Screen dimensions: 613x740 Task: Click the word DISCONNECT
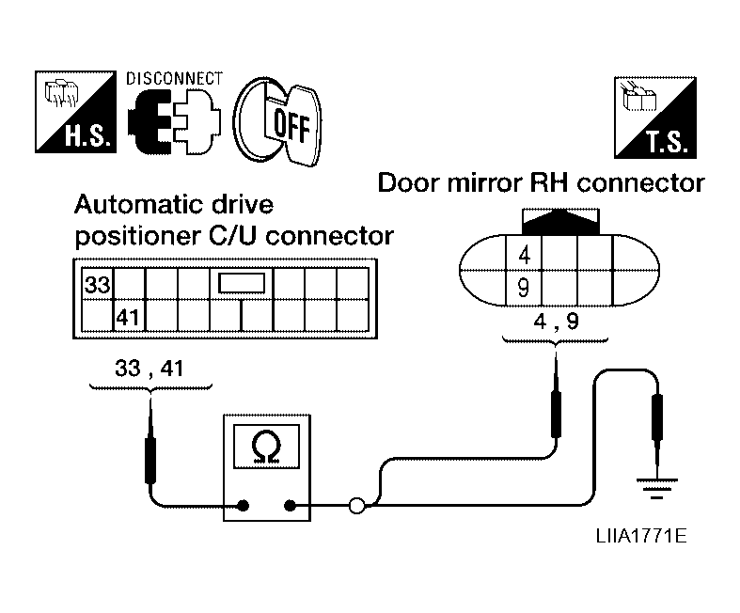coord(175,78)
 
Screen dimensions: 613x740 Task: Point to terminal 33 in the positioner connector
coord(96,283)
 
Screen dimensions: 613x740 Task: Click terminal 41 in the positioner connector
coord(127,317)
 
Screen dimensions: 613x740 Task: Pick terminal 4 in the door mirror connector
coord(524,254)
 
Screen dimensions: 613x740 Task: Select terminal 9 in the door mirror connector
coord(524,287)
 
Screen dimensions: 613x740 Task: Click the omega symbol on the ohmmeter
coord(266,450)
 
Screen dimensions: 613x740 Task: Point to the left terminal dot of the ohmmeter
coord(243,507)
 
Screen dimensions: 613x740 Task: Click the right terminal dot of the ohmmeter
coord(290,507)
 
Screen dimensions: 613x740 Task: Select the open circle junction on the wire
coord(356,508)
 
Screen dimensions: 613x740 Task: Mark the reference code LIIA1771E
coord(638,537)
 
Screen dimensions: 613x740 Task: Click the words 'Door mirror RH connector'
coord(541,182)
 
